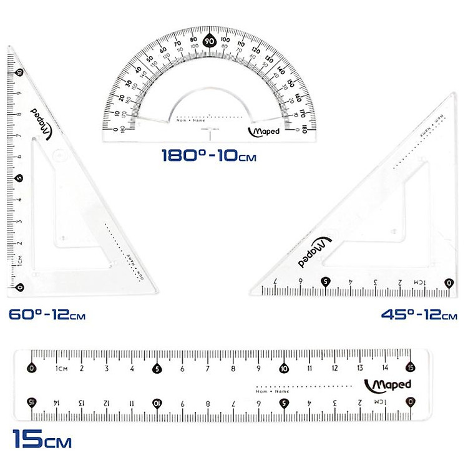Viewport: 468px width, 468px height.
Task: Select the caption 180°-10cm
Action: point(208,154)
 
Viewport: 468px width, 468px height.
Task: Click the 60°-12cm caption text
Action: point(47,315)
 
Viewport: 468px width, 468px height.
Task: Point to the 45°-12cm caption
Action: point(419,315)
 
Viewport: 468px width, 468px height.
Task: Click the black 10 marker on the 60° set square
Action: point(20,72)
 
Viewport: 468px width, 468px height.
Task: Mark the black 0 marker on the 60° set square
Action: point(20,287)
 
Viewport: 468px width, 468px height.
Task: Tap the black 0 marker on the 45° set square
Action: point(448,283)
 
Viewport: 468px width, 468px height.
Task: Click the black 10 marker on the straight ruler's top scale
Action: point(284,368)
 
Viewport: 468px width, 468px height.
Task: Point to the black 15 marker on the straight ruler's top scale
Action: point(410,368)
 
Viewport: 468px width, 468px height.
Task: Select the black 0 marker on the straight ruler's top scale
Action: point(32,368)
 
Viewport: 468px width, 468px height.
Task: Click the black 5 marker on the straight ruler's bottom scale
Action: point(284,402)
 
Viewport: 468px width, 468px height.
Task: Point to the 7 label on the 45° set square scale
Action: point(275,281)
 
